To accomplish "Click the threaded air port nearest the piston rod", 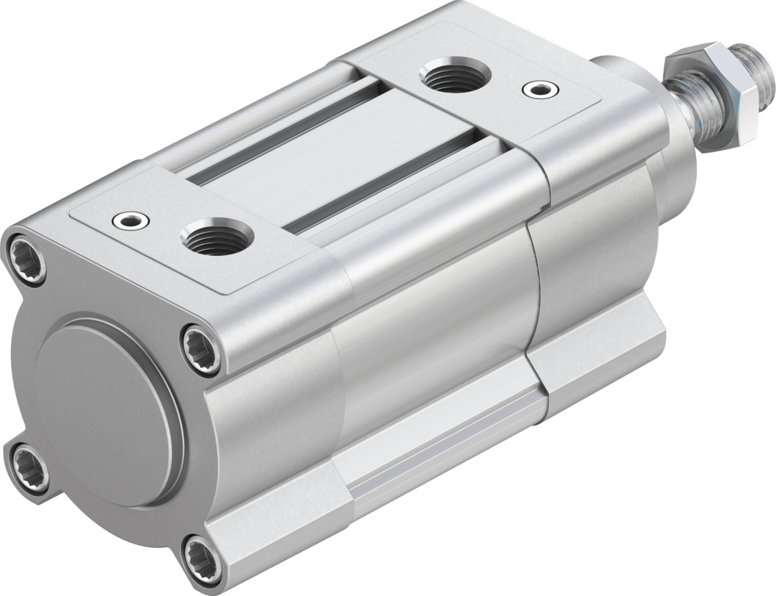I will (450, 77).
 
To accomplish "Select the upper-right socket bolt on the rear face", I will (200, 344).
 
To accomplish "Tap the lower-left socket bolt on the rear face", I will (27, 463).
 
